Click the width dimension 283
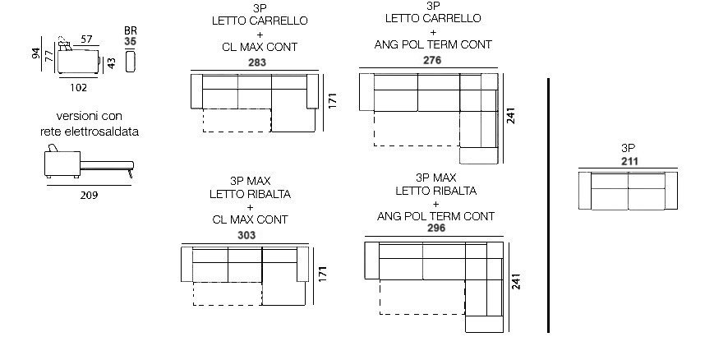coord(257,62)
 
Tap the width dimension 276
coord(432,60)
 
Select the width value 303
coord(246,236)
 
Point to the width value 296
coord(436,228)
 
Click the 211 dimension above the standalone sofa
coord(629,161)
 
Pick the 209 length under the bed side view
coord(89,196)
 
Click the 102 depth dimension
coord(78,87)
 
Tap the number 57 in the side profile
coord(86,39)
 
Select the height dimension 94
coord(36,53)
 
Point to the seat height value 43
coord(111,63)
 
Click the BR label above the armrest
coord(131,30)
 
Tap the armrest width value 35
coord(131,41)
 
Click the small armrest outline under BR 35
coord(131,62)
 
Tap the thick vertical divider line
coord(548,205)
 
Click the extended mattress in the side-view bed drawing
coord(107,165)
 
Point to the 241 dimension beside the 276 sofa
coord(510,116)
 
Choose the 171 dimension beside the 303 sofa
coord(322,274)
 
